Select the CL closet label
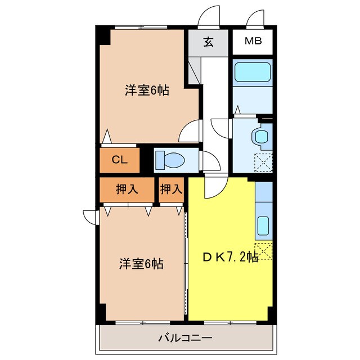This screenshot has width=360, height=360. (119, 160)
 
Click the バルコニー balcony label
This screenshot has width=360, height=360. (184, 339)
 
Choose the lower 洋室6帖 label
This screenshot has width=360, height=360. (141, 263)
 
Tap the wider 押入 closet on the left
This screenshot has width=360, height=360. (127, 190)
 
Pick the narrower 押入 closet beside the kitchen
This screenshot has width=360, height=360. (171, 190)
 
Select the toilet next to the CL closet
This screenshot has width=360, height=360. (169, 160)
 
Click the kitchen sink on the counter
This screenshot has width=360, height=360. (263, 226)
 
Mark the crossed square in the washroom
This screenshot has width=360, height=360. (263, 161)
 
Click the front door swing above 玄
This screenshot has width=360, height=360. (210, 16)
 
